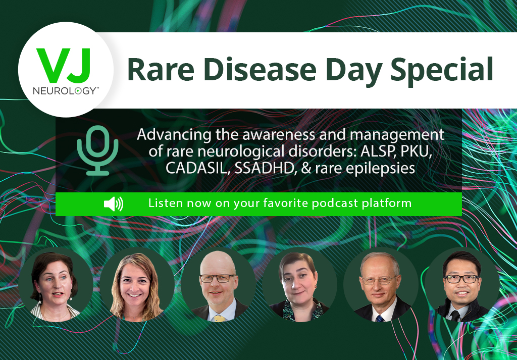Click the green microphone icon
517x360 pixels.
coord(97,150)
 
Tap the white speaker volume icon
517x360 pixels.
coord(114,204)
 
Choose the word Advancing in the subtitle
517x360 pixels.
coord(169,135)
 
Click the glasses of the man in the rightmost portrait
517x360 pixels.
coord(460,278)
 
